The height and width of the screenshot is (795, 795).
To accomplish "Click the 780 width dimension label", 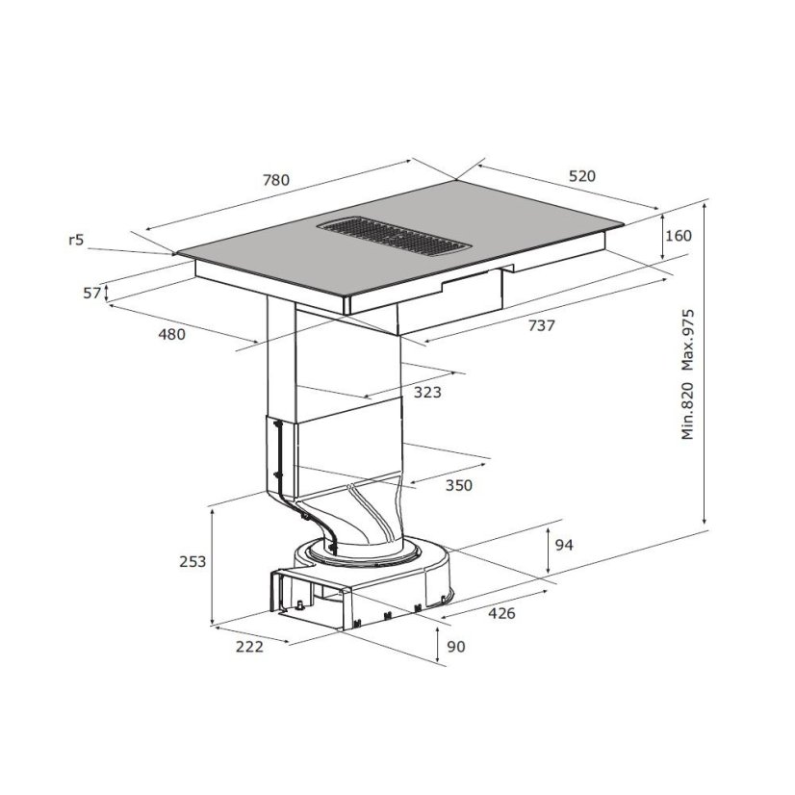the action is pyautogui.click(x=276, y=180).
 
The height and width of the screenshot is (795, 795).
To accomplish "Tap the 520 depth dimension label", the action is pyautogui.click(x=581, y=176).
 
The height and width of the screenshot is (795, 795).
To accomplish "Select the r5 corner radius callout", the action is pyautogui.click(x=76, y=240).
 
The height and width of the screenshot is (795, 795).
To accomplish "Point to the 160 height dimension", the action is pyautogui.click(x=678, y=235).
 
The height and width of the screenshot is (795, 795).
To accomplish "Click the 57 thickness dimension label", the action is pyautogui.click(x=91, y=293).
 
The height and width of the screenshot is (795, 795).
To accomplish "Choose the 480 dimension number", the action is pyautogui.click(x=172, y=334).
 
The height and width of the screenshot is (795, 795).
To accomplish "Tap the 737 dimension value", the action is pyautogui.click(x=542, y=325).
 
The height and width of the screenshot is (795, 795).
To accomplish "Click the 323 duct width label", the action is pyautogui.click(x=427, y=392).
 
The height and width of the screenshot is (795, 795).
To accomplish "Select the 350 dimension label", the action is pyautogui.click(x=458, y=485).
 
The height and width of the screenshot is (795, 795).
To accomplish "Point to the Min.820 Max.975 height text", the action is pyautogui.click(x=687, y=374).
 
